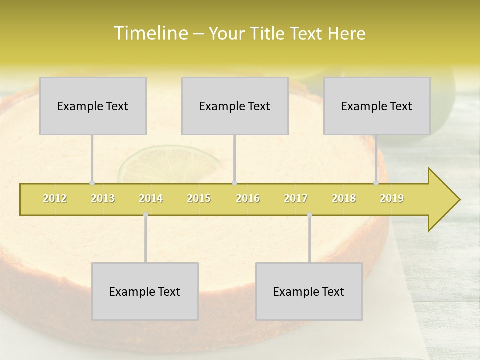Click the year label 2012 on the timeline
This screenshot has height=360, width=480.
tap(55, 198)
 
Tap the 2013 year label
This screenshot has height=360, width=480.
tap(103, 198)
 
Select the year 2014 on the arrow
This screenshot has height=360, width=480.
tap(151, 198)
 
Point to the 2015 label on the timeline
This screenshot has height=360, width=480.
tap(199, 198)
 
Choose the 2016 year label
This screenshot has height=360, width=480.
tap(248, 198)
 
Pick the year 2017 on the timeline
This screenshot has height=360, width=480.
tap(296, 198)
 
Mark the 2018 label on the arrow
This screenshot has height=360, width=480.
tap(344, 198)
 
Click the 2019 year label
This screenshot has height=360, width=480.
tap(392, 198)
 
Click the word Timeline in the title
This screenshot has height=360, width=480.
tap(150, 33)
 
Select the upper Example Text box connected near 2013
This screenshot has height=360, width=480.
tap(93, 106)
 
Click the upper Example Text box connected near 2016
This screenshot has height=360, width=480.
tap(235, 106)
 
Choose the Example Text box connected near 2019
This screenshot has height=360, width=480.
tap(377, 106)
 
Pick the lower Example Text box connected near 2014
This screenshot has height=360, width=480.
tap(145, 291)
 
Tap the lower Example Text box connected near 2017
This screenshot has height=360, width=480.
tap(309, 291)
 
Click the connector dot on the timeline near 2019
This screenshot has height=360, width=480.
tap(376, 183)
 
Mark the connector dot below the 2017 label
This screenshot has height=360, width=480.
tap(309, 215)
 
